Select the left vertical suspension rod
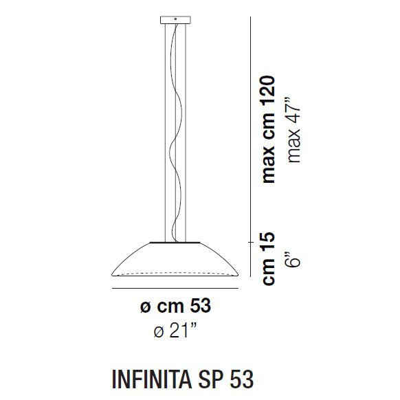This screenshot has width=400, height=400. point(164,131)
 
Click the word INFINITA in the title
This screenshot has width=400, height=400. point(151,378)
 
